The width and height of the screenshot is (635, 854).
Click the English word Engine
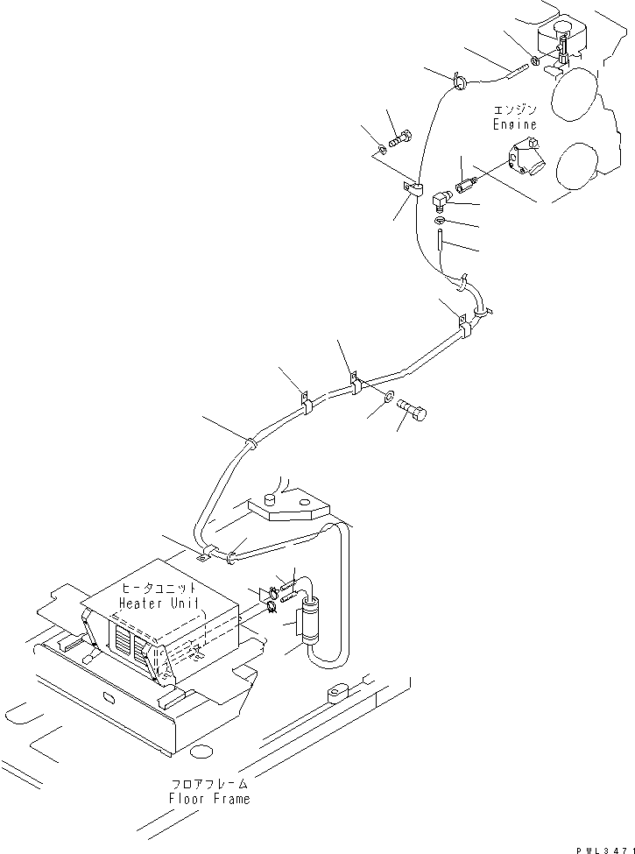click(x=514, y=125)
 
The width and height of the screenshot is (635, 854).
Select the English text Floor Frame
click(x=209, y=798)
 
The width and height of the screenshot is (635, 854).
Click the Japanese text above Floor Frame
click(x=209, y=784)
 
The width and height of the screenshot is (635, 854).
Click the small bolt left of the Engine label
click(x=402, y=137)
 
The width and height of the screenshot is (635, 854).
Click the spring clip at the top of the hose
click(x=459, y=82)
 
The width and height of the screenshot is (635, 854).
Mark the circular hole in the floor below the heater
click(x=201, y=750)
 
